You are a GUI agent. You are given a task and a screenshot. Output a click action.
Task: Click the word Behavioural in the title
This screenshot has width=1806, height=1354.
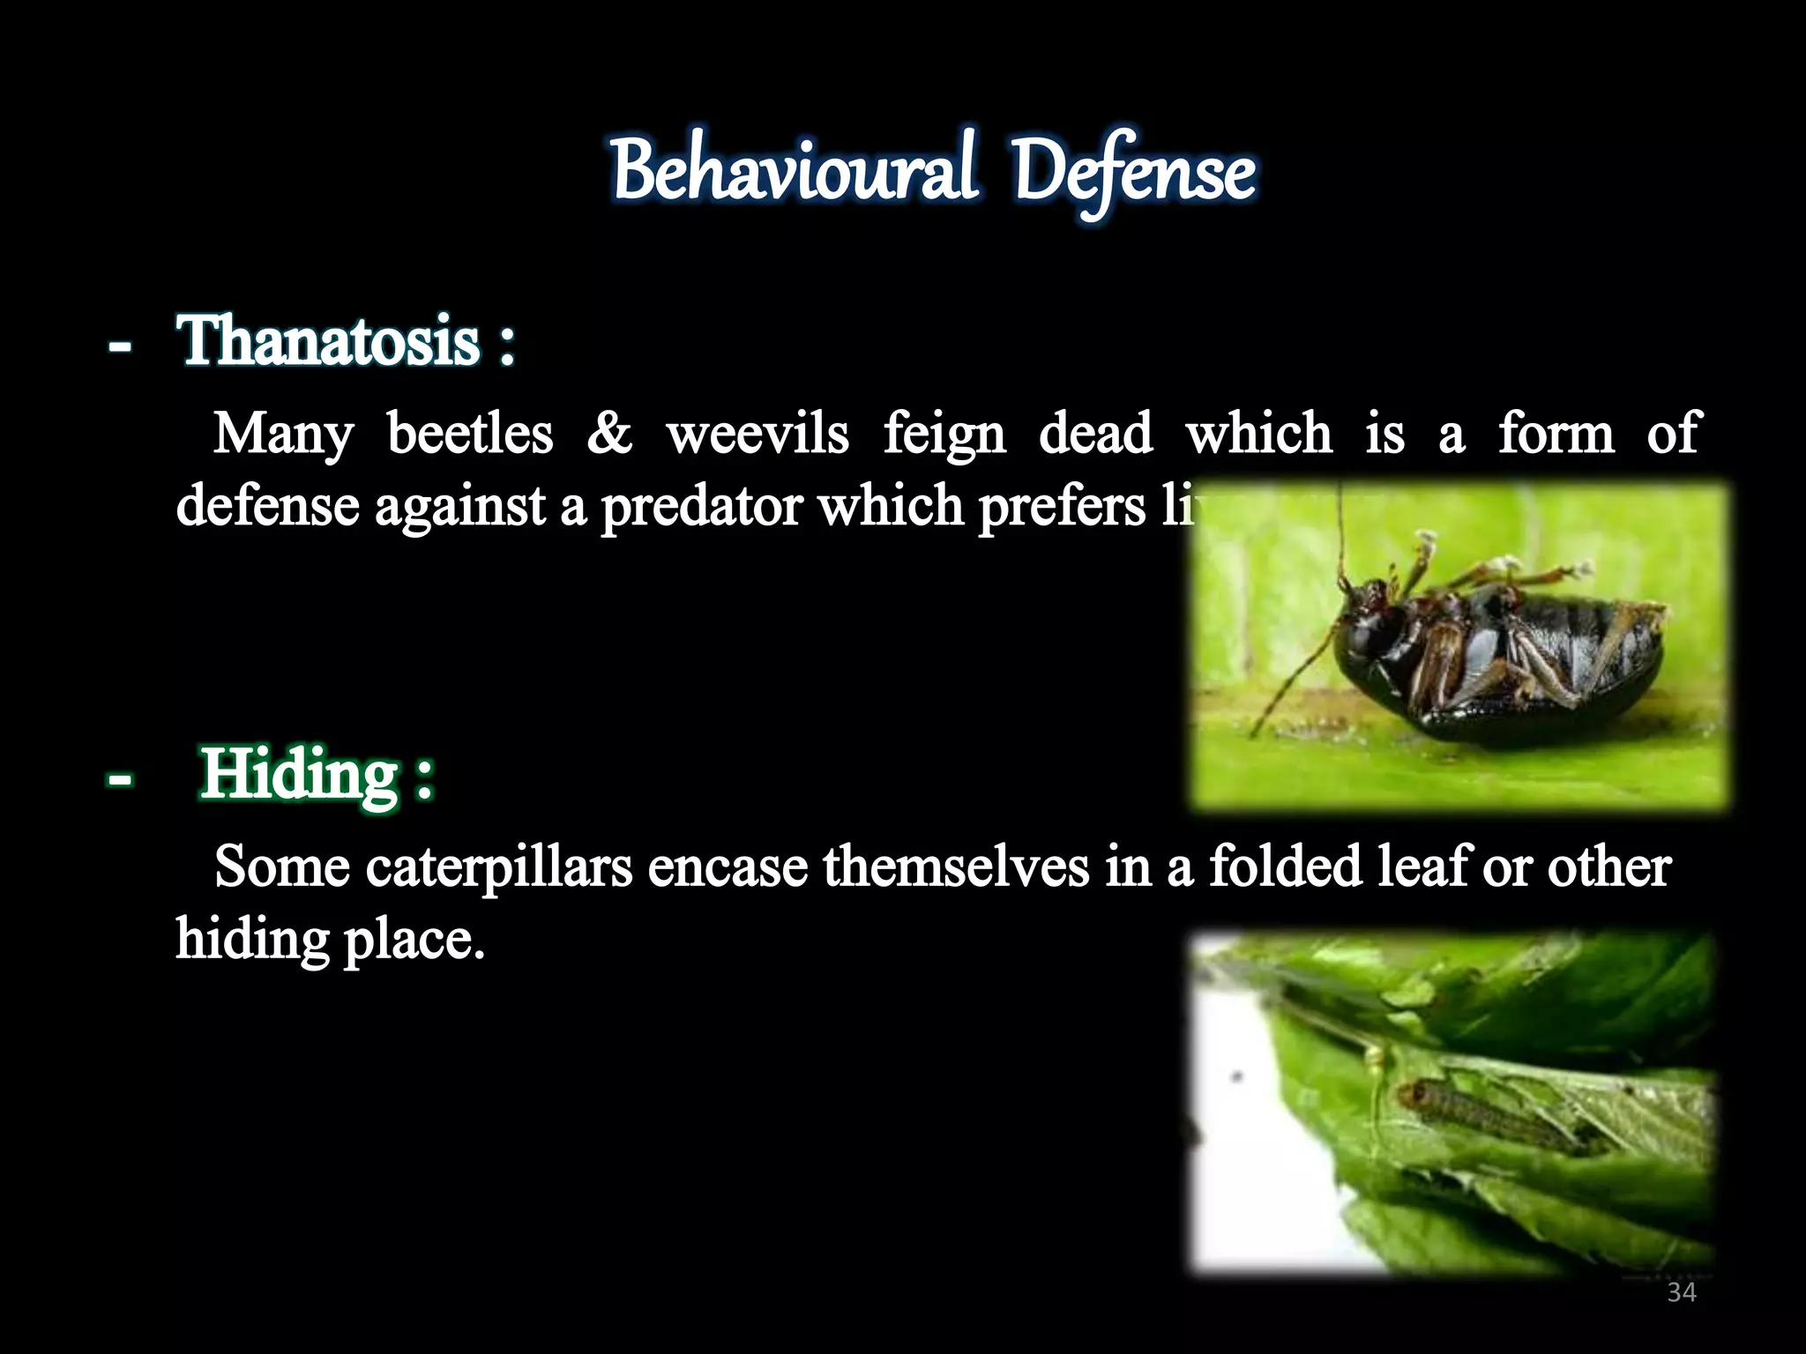pos(794,171)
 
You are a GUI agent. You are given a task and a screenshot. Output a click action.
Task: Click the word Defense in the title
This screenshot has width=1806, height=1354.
pos(1133,173)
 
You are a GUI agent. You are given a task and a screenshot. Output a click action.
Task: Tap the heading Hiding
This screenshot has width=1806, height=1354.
pos(300,774)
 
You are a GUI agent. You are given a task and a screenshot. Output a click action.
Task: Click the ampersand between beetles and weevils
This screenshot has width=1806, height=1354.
pos(609,434)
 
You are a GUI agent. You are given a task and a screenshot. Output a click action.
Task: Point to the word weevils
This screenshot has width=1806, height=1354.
pos(757,434)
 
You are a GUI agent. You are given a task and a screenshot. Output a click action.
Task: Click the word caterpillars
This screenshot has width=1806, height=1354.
pos(498,867)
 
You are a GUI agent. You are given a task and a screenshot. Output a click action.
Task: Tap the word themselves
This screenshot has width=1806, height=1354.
pos(956,867)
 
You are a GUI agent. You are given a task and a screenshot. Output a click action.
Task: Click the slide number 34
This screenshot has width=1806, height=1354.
pos(1682,1293)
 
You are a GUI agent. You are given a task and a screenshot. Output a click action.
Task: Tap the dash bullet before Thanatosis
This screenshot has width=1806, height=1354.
pos(120,346)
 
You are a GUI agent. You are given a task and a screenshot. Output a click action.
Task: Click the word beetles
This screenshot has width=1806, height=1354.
pos(470,434)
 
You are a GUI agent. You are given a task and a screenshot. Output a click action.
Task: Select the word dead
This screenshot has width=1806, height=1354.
pos(1095,434)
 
